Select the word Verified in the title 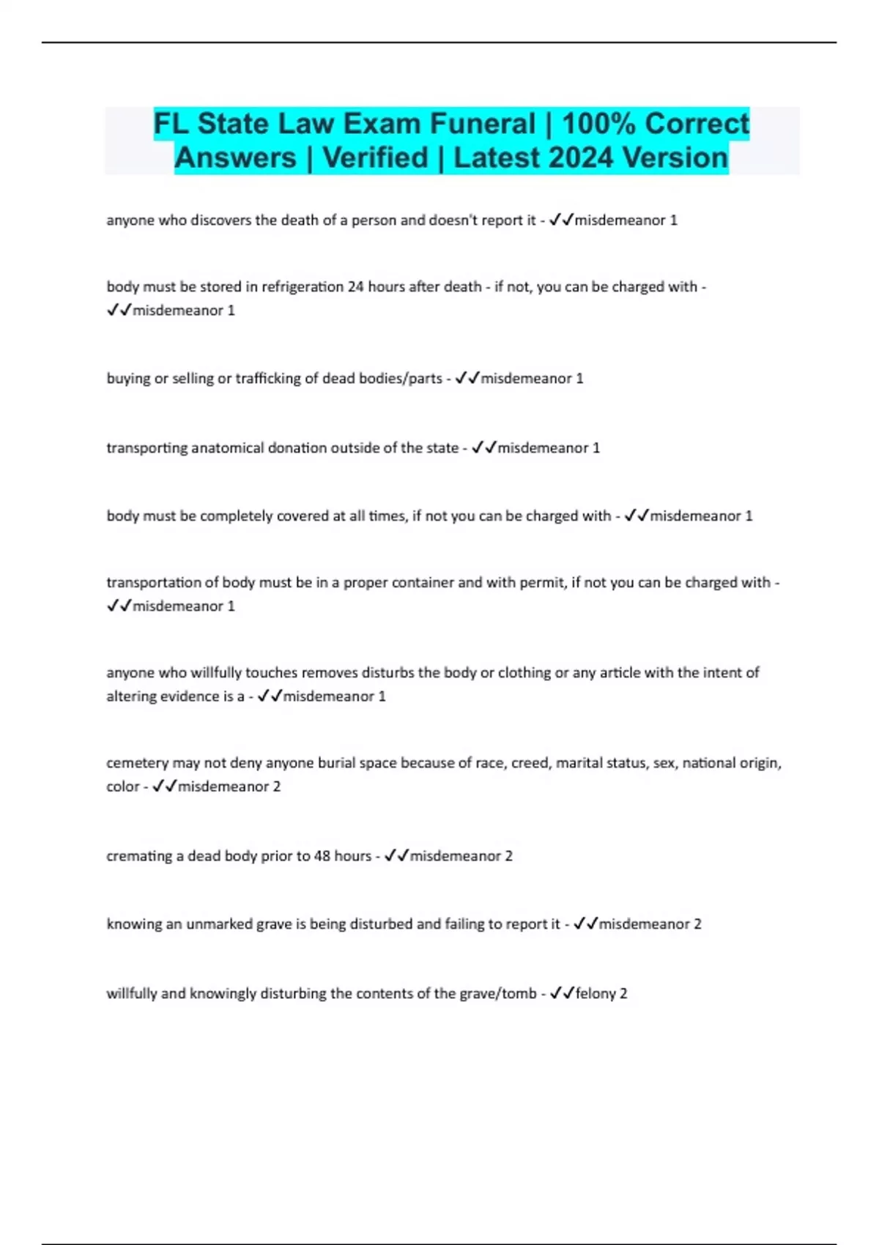[x=375, y=158]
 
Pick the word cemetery [x=137, y=763]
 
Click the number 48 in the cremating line [x=322, y=856]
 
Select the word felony [x=596, y=994]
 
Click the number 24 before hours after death [x=355, y=287]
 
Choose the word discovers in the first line [x=221, y=220]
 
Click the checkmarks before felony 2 [x=562, y=994]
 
